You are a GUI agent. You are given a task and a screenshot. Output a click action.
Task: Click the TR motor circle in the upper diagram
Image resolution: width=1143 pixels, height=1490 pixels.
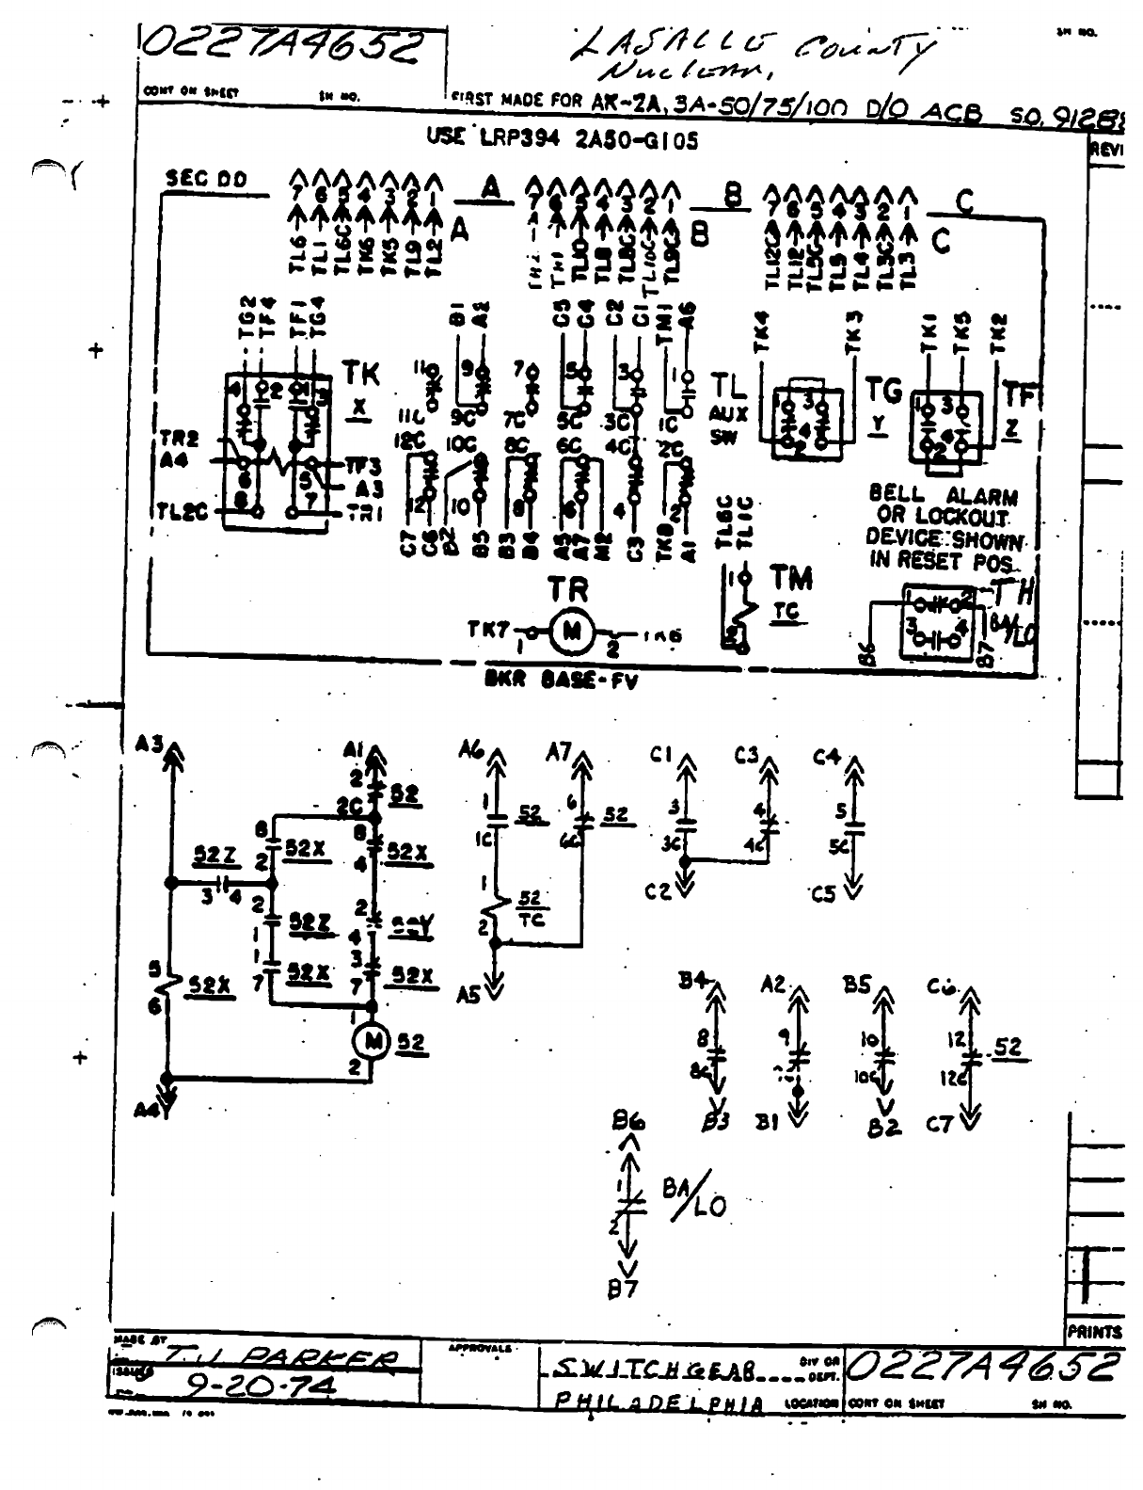570,632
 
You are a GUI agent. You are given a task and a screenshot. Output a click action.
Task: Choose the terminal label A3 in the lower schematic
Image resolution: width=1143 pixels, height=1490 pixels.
148,745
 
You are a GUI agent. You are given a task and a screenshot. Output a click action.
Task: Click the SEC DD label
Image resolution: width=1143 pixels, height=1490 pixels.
205,178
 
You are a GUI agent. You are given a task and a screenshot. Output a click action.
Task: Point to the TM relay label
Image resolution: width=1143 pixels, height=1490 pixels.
790,577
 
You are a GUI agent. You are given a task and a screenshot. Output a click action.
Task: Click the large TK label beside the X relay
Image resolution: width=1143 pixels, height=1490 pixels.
360,374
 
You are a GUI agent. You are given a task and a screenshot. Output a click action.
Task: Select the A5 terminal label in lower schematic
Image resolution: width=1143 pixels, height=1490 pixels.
468,994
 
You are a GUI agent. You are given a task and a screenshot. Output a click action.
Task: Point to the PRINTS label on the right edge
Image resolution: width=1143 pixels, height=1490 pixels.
1095,1332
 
